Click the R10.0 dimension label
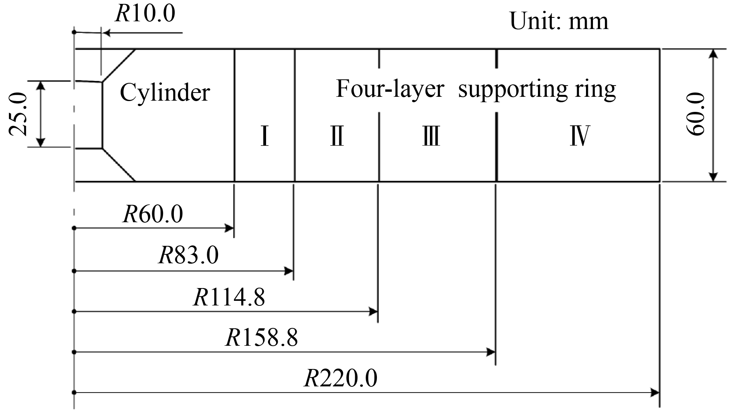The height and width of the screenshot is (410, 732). pos(145,14)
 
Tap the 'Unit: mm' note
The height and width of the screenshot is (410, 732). pos(559,21)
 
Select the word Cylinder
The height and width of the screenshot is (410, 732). pos(165,93)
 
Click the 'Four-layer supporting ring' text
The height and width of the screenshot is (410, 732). pos(475,89)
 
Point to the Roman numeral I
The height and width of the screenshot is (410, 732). pos(265,137)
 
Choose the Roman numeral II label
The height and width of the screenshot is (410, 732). pos(337,137)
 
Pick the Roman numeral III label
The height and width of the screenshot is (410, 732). pos(431,137)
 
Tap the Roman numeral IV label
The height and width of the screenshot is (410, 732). pos(580,137)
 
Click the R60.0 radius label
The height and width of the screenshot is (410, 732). pos(153,214)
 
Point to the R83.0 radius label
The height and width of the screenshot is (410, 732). pos(188,256)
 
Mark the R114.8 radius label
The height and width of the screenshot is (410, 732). pos(229,298)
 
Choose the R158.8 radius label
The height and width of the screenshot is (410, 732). pos(262,338)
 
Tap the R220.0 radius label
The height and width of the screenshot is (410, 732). pos(340,379)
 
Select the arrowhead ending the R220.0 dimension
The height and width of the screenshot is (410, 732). pos(655,393)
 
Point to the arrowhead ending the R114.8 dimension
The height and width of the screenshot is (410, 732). pos(374,311)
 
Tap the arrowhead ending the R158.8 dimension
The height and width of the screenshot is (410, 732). pos(491,352)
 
